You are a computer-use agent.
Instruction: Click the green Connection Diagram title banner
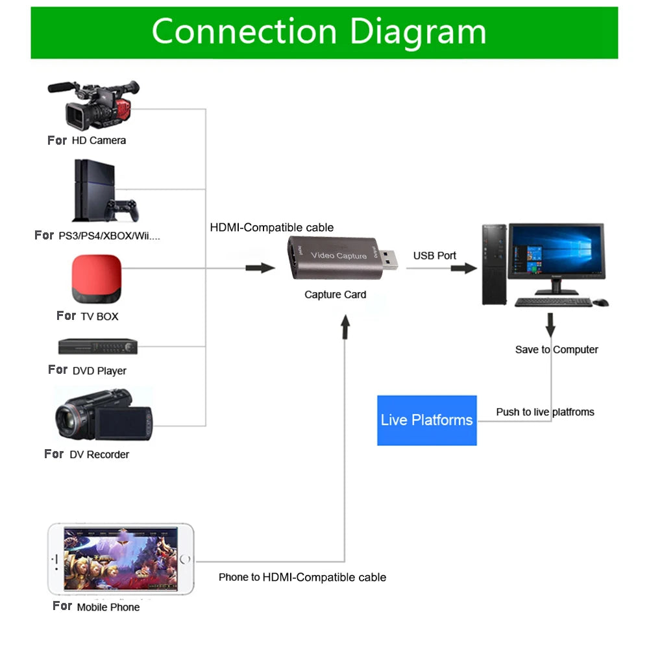[x=324, y=32]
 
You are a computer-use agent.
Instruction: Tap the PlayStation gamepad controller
[x=123, y=210]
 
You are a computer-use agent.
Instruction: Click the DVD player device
[x=98, y=347]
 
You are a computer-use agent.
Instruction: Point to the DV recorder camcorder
[x=103, y=415]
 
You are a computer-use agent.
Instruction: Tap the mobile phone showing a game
[x=121, y=559]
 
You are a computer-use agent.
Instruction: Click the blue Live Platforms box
[x=427, y=420]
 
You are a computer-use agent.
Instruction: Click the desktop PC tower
[x=494, y=264]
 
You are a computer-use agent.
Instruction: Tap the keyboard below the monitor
[x=553, y=302]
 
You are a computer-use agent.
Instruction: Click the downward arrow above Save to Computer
[x=550, y=324]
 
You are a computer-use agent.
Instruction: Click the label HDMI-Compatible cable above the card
[x=271, y=227]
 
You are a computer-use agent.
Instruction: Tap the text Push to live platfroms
[x=545, y=412]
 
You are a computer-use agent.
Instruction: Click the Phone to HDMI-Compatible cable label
[x=302, y=577]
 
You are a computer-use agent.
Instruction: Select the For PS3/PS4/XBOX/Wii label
[x=97, y=236]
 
